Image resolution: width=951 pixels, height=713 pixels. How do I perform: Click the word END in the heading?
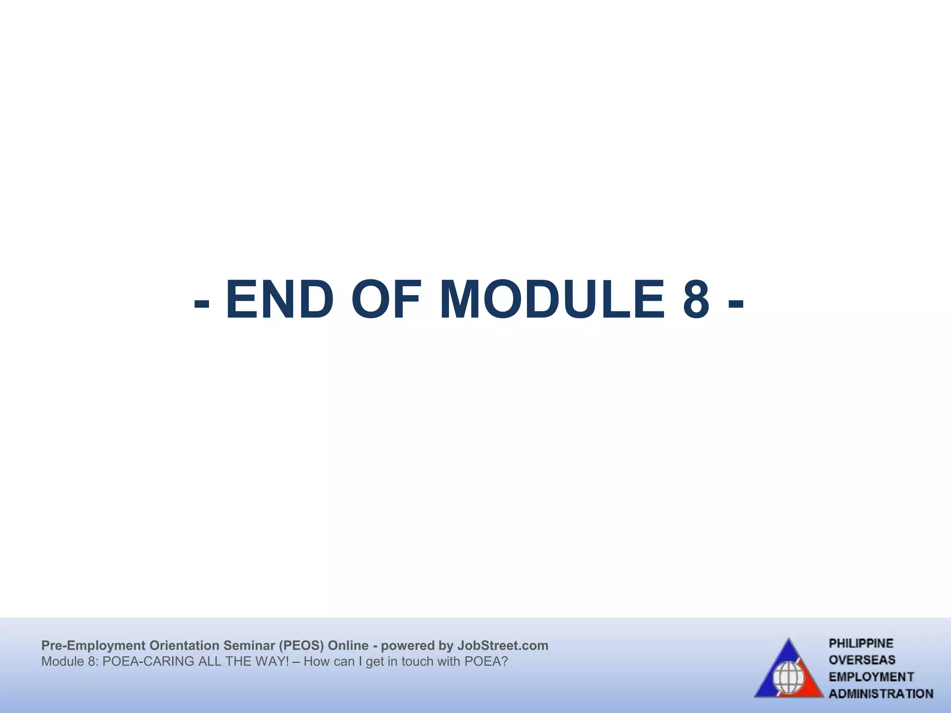(280, 300)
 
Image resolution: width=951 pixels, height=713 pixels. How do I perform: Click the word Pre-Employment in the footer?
(93, 646)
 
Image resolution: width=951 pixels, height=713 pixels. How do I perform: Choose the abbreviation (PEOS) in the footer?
(301, 646)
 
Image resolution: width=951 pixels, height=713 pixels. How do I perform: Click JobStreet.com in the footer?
(503, 646)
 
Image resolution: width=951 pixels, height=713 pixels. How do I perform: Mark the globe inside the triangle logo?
(788, 677)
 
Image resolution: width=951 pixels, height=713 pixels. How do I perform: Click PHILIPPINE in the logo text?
(861, 644)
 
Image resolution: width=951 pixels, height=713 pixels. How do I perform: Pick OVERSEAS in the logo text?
(862, 660)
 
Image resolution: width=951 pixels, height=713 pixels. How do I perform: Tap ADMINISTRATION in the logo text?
(881, 694)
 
